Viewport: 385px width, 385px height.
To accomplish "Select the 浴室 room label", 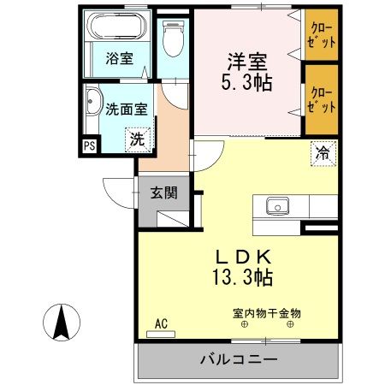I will tap(119, 59).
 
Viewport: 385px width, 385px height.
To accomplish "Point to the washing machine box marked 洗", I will tap(136, 139).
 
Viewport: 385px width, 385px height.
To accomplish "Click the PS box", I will tap(89, 146).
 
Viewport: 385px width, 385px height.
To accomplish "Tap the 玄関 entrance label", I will tap(164, 192).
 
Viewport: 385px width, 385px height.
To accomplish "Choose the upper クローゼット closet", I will tap(323, 36).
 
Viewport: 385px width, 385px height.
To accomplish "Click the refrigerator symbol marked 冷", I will tap(323, 154).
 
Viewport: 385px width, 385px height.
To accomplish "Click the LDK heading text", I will tap(243, 256).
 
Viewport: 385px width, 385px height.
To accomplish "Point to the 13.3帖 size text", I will tap(243, 278).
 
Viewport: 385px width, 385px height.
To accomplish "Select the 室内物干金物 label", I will tap(267, 313).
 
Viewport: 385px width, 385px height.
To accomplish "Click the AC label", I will tap(161, 323).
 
